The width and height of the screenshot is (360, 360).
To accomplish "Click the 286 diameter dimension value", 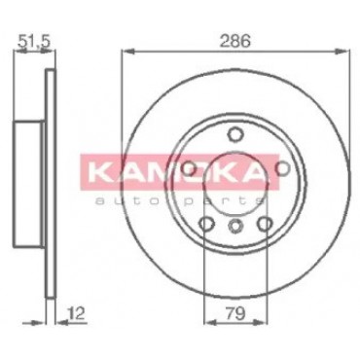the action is click(x=235, y=41).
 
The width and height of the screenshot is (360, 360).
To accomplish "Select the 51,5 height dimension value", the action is click(x=34, y=42).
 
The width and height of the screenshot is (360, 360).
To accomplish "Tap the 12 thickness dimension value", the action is click(x=76, y=314).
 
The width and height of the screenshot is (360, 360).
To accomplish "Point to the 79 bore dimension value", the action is click(x=236, y=314).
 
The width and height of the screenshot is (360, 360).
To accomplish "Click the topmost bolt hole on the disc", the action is click(x=235, y=134).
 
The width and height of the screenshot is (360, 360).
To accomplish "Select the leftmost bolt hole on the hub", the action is click(x=190, y=168).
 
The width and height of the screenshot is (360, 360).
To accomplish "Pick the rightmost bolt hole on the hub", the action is click(x=282, y=167).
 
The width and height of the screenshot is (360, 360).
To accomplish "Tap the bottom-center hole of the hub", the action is click(x=235, y=225).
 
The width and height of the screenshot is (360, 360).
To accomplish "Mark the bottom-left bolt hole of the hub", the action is click(x=206, y=224).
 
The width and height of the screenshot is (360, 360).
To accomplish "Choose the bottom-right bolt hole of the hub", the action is click(x=265, y=224).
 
